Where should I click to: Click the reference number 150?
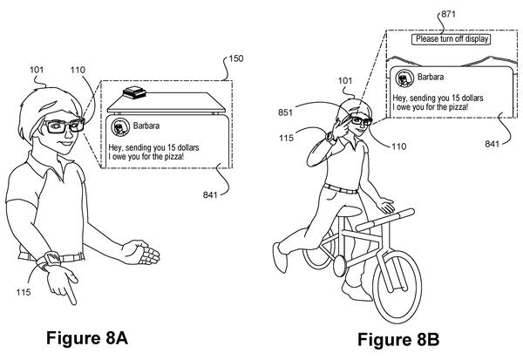236,58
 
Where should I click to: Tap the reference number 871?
448,14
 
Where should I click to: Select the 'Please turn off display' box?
452,39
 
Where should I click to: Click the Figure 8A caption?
87,337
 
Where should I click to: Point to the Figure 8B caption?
398,340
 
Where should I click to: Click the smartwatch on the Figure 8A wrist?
50,259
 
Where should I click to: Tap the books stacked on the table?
134,92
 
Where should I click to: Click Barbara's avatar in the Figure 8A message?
120,126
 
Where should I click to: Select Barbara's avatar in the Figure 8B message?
404,78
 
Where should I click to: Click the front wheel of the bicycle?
397,287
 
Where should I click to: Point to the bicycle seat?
350,211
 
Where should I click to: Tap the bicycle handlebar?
385,220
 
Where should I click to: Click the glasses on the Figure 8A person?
64,126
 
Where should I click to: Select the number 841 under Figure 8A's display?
210,194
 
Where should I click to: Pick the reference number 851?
286,112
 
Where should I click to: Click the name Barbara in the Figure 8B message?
431,77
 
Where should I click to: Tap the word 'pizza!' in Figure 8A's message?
173,157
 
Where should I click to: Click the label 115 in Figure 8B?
286,138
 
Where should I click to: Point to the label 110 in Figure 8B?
399,146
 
